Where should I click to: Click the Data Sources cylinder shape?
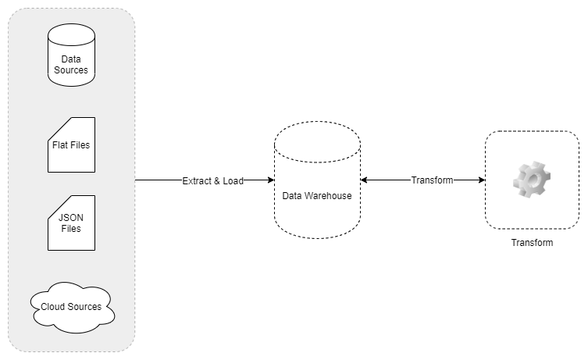(71, 55)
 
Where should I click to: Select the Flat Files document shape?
(71, 144)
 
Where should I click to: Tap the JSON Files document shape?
(71, 223)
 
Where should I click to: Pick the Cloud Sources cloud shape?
(73, 308)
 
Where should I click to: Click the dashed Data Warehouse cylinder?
(317, 180)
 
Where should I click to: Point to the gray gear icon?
(532, 180)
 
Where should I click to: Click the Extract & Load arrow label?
(213, 180)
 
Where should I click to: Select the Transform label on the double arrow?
(432, 180)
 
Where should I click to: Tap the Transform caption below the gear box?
(532, 243)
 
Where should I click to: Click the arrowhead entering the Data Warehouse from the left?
(271, 180)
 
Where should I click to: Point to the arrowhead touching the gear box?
(482, 180)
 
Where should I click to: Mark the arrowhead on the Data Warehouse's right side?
(364, 180)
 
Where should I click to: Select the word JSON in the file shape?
(71, 218)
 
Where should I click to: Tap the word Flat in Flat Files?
(59, 144)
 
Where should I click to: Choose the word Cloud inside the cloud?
(52, 307)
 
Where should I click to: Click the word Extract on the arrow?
(197, 180)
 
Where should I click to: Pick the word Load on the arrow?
(233, 180)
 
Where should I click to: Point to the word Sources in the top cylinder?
(71, 70)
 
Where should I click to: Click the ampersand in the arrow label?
(217, 180)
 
